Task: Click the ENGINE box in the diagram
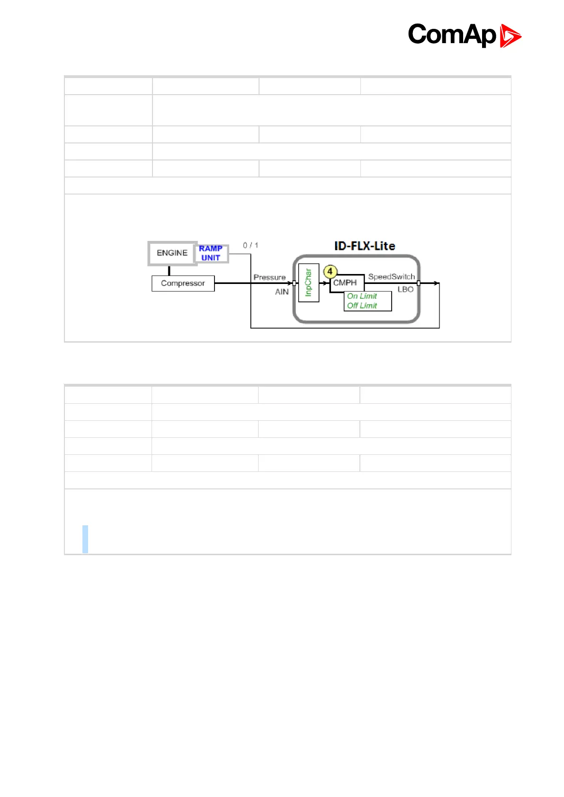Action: coord(172,253)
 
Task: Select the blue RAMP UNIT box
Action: coord(211,253)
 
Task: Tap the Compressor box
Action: coord(183,283)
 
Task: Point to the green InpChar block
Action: coord(309,283)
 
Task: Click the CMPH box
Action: coord(345,283)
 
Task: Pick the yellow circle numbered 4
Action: coord(330,272)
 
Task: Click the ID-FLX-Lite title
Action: coord(365,246)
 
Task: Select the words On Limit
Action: coord(362,296)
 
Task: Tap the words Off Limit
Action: coord(362,306)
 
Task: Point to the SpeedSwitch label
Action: coord(392,277)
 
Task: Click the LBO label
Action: coord(405,290)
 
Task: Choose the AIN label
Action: coord(282,292)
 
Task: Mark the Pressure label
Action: coord(269,277)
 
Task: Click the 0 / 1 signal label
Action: coord(251,245)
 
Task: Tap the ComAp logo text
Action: coord(452,35)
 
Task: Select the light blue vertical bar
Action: coord(85,539)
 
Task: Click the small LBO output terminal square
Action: coord(419,283)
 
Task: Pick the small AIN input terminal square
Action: coord(295,283)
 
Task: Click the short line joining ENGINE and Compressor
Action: coord(169,271)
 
